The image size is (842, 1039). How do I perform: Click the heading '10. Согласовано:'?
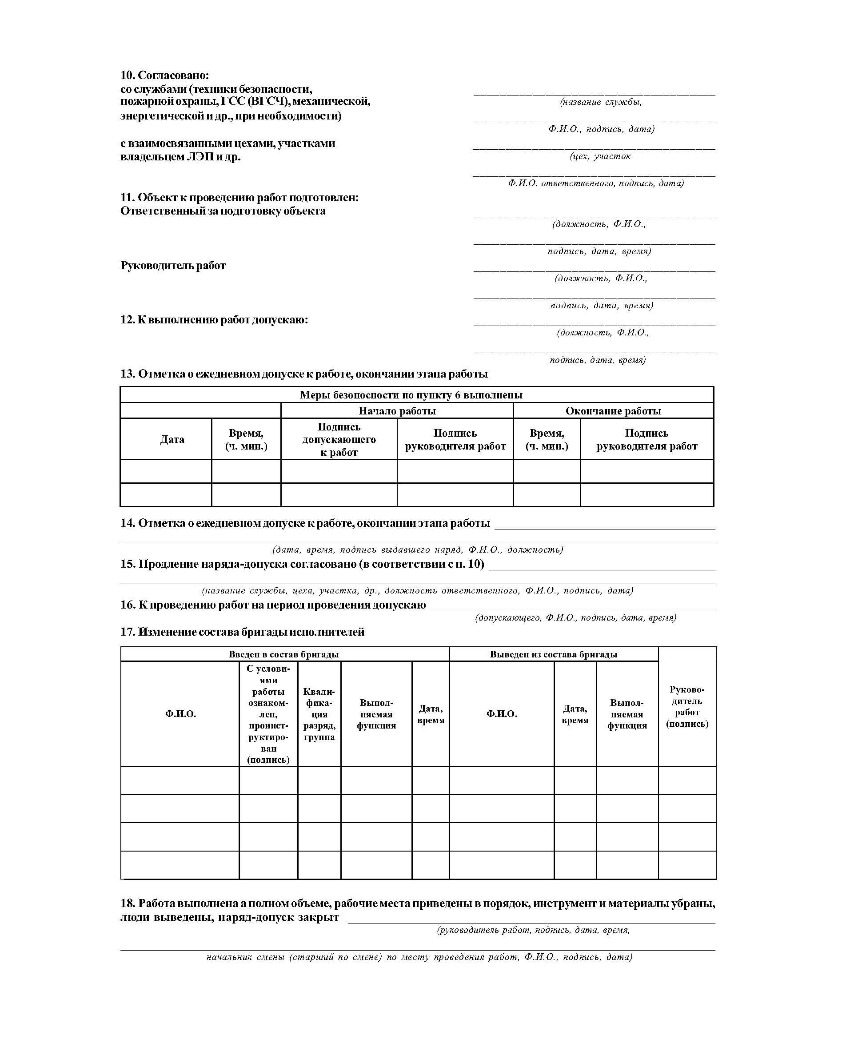(x=164, y=75)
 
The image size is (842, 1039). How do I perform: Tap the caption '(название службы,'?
(x=600, y=102)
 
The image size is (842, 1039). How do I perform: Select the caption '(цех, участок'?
(x=600, y=156)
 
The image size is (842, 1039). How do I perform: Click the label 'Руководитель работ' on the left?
(x=173, y=265)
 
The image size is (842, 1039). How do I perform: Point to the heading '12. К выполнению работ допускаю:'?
(x=214, y=319)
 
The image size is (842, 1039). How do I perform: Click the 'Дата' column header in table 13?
(x=172, y=439)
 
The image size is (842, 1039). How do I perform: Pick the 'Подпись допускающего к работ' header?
(x=339, y=439)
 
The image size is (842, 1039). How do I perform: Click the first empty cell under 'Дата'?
(x=166, y=471)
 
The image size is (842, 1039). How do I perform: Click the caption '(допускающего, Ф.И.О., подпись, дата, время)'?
(x=575, y=618)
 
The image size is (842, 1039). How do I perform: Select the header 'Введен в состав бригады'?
(x=284, y=654)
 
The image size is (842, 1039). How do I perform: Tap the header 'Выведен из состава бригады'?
(x=554, y=654)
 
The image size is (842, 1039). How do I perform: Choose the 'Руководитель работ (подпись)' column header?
(x=687, y=706)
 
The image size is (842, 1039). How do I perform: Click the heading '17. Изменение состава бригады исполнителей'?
(x=242, y=632)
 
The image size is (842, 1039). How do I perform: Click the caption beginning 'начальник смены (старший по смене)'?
(x=419, y=957)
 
